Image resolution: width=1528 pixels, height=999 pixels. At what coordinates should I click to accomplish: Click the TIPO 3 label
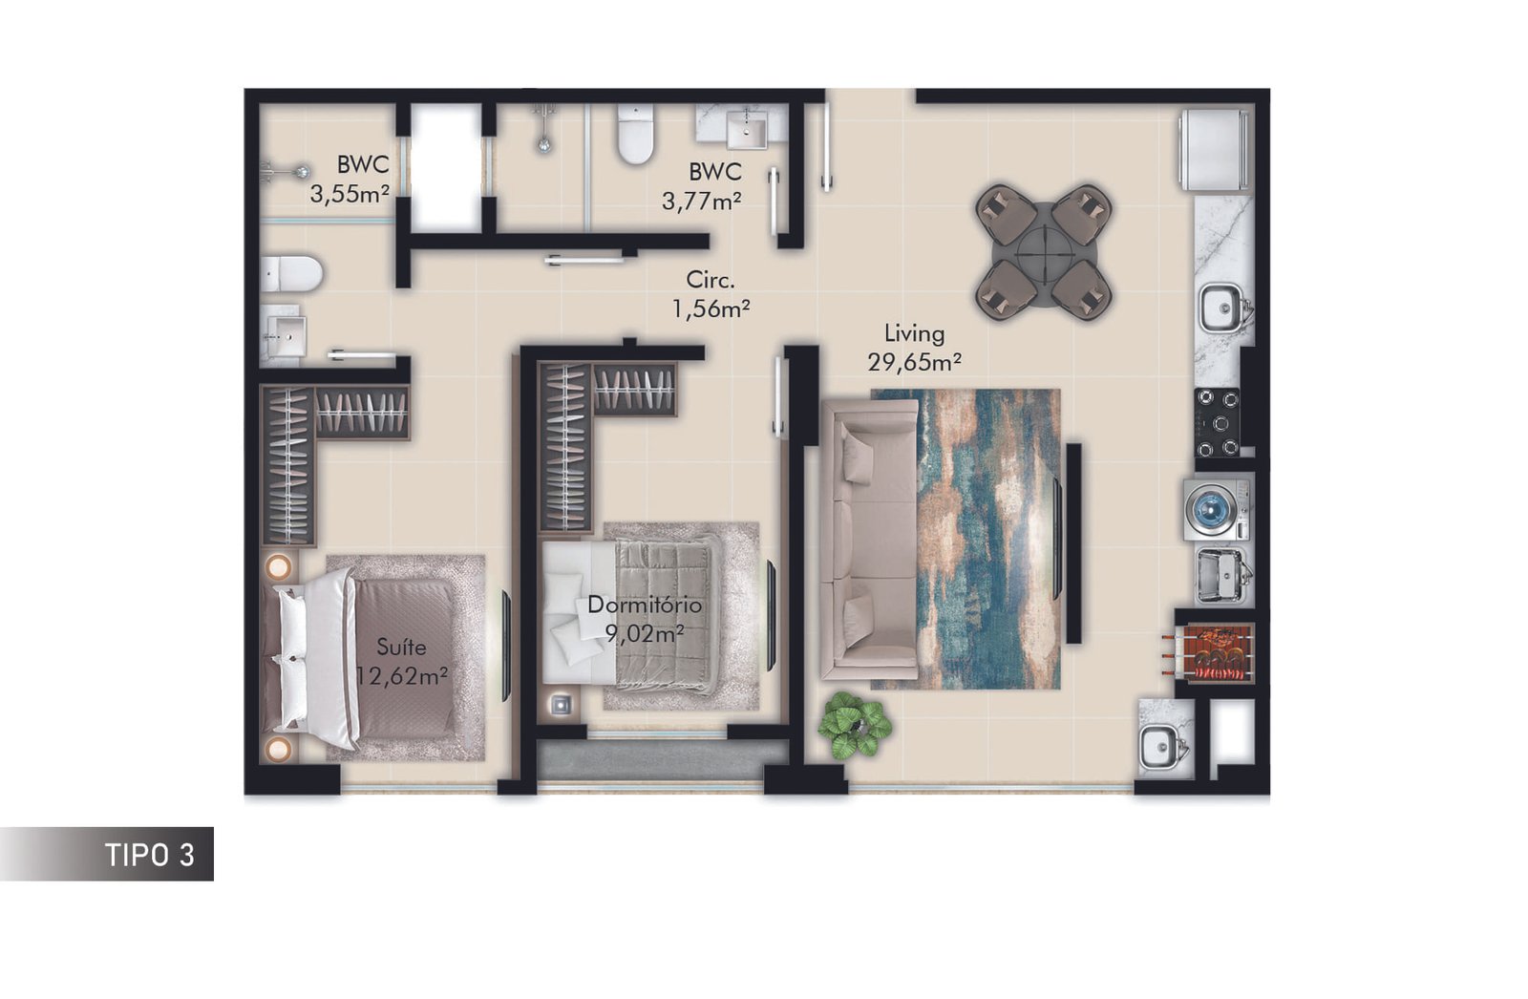pos(149,855)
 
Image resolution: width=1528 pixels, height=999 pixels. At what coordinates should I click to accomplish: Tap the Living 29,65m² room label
pos(914,348)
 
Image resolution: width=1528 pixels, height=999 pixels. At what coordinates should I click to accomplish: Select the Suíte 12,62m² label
pos(402,662)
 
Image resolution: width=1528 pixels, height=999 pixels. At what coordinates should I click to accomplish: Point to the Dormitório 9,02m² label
pos(644,619)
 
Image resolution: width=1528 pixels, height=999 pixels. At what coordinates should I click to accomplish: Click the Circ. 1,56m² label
pos(711,294)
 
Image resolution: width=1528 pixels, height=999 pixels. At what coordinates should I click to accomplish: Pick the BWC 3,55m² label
pos(350,180)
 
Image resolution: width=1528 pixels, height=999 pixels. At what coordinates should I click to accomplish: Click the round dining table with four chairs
pos(1044,252)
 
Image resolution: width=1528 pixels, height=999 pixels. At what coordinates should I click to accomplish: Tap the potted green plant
pos(854,725)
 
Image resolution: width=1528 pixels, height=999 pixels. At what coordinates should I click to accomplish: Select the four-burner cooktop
pos(1217,422)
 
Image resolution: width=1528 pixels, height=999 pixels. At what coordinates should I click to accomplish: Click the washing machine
pos(1218,508)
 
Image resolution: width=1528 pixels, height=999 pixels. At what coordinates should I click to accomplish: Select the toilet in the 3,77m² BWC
pos(635,135)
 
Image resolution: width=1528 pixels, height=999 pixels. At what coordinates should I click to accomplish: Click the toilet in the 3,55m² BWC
pos(291,274)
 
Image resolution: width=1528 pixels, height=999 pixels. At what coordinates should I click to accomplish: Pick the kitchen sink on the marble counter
pos(1222,308)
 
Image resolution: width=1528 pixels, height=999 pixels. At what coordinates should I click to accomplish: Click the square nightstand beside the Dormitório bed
pos(561,705)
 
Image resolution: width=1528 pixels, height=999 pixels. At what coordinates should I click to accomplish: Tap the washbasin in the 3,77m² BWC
pos(747,129)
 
